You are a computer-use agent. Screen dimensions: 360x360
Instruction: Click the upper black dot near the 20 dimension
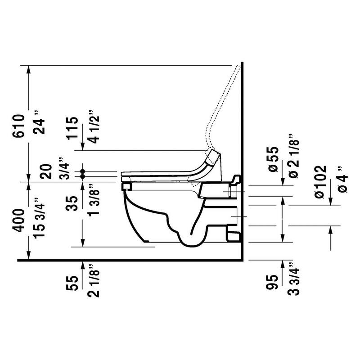[83, 172]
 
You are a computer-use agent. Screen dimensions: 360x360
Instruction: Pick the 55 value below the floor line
[72, 283]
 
